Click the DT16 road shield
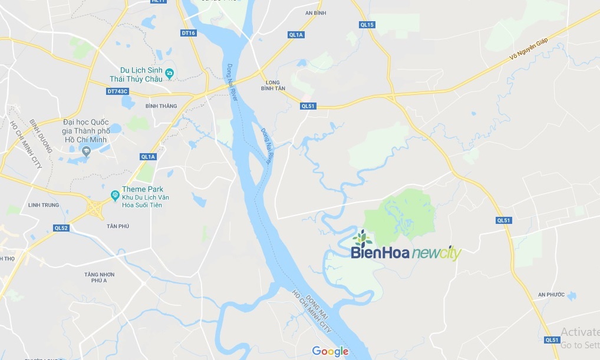(x=189, y=33)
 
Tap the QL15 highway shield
(x=367, y=24)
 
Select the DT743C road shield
(x=118, y=91)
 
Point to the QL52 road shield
(x=61, y=227)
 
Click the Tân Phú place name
(x=118, y=226)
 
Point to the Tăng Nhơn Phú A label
(x=99, y=278)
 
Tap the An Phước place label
(x=551, y=295)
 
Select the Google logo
(x=330, y=352)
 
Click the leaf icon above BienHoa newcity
(x=362, y=238)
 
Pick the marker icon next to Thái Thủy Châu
(x=170, y=73)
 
